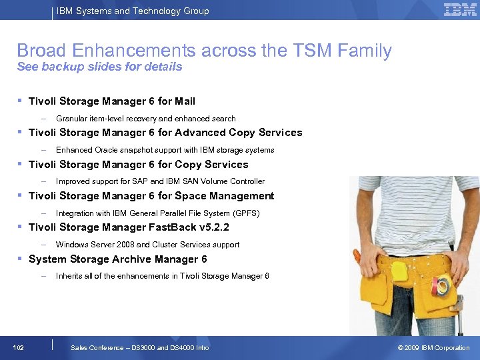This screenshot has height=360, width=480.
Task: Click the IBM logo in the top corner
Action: (460, 10)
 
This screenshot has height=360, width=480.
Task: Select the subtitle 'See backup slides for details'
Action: (99, 67)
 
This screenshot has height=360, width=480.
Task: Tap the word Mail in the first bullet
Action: (185, 101)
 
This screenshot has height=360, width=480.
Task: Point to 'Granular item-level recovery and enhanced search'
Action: (145, 119)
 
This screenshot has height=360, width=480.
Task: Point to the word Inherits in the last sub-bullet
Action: (70, 276)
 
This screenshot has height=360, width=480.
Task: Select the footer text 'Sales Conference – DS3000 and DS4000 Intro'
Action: (139, 348)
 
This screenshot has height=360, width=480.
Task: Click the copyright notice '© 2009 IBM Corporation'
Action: (433, 348)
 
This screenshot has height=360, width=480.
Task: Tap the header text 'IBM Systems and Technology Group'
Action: (133, 11)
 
